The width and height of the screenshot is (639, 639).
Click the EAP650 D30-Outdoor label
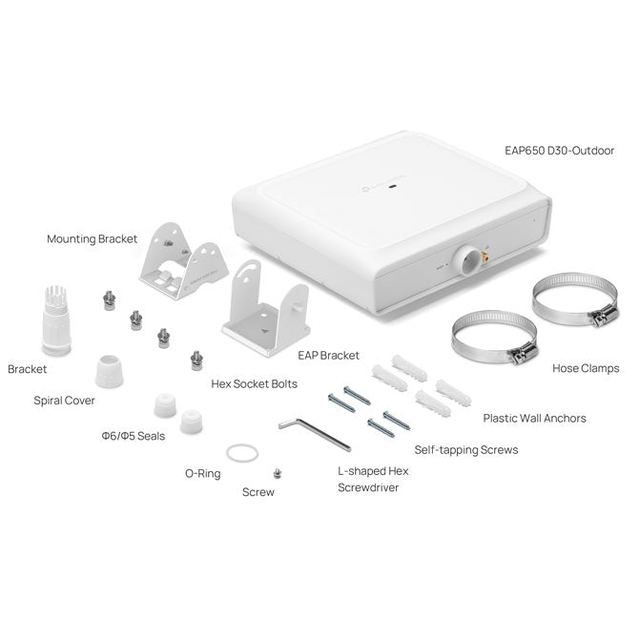coord(559,151)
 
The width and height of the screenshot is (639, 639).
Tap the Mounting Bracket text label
coord(92,238)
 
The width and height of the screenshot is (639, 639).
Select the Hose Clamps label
coord(586,367)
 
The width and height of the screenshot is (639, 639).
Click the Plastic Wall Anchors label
coord(534,418)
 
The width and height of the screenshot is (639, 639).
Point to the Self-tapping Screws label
coord(465,449)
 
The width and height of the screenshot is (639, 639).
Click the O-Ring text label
coord(203,472)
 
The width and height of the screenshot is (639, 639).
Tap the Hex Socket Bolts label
coord(254,384)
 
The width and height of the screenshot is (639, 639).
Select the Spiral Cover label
coord(64,401)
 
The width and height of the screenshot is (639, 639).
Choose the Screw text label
coord(258,492)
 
